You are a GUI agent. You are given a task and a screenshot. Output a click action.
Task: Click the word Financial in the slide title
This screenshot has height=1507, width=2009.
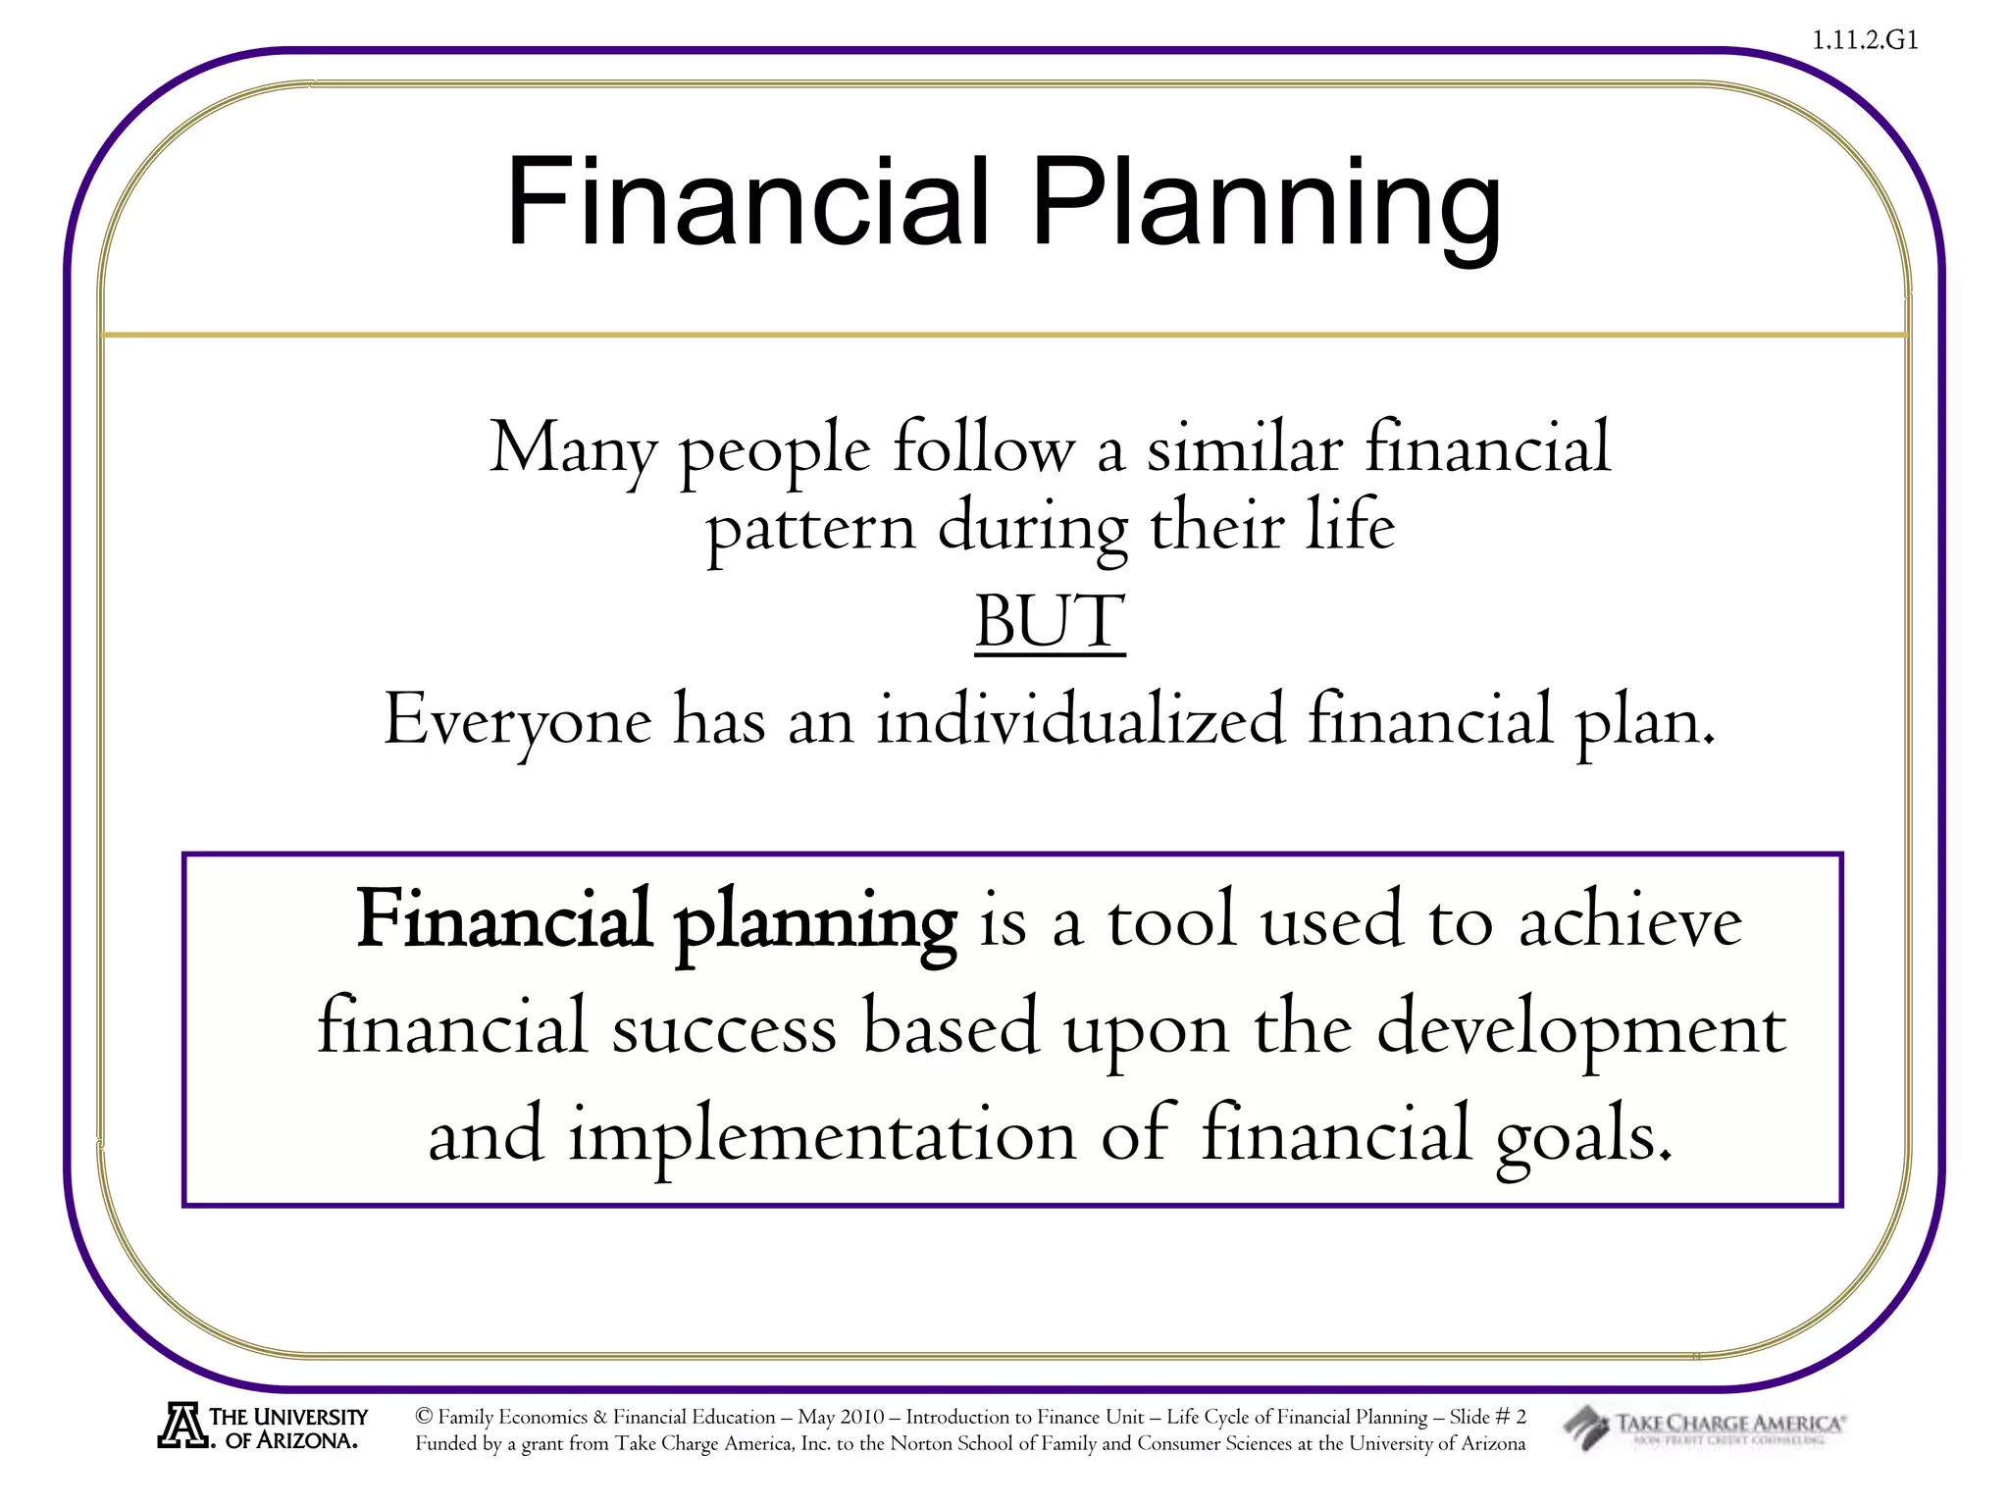tap(747, 203)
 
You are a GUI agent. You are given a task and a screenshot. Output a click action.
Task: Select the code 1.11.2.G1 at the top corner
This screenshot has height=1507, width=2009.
tap(1864, 40)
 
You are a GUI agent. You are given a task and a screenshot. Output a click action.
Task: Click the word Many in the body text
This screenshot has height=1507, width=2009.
tap(572, 449)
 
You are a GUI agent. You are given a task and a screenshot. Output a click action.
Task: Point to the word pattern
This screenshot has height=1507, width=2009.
tap(810, 530)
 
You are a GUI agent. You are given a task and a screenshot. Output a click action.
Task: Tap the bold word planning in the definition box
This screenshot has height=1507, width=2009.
tap(814, 922)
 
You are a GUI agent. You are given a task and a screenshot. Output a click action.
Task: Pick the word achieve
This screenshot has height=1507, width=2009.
tap(1629, 922)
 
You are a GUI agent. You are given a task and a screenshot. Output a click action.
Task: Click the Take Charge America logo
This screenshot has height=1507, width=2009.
tap(1705, 1427)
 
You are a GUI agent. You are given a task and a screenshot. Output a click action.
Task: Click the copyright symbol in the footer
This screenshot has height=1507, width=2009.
tap(424, 1416)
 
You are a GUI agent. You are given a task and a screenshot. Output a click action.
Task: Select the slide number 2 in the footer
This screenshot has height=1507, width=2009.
tap(1520, 1416)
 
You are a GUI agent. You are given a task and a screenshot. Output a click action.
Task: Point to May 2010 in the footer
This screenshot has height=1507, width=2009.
tap(841, 1417)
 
